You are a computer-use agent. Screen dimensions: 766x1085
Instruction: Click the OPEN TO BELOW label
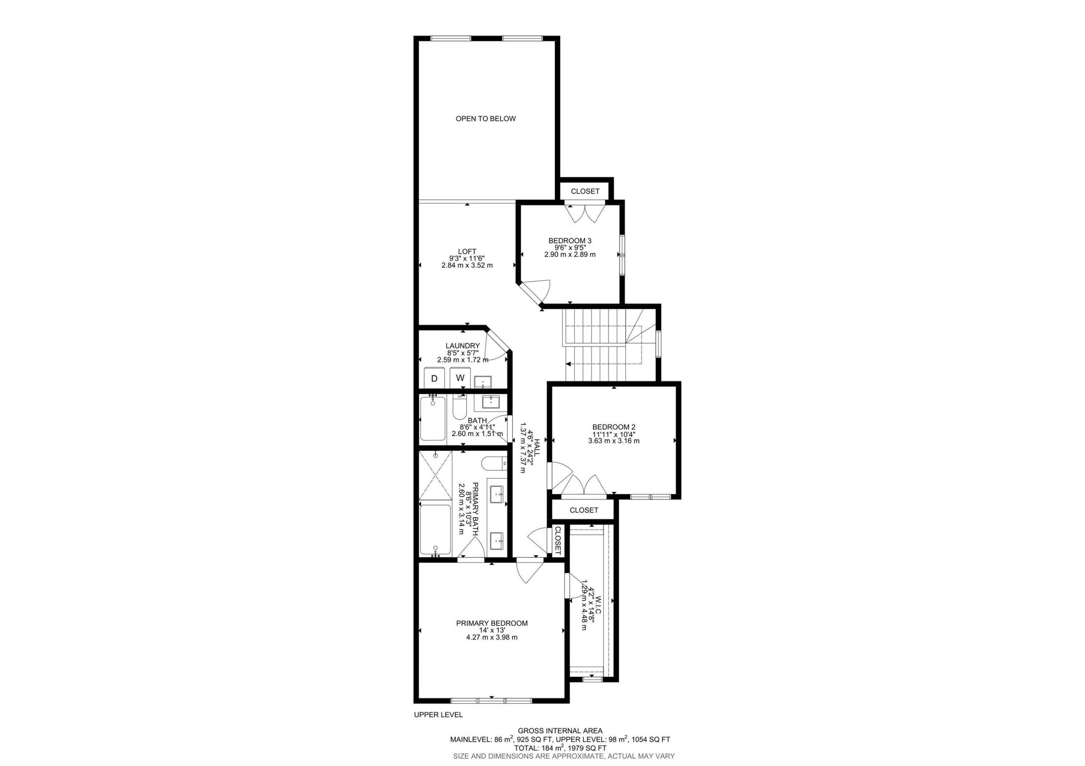click(485, 119)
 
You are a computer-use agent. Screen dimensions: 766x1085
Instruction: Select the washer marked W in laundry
click(460, 378)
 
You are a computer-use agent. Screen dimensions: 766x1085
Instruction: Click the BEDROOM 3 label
click(569, 241)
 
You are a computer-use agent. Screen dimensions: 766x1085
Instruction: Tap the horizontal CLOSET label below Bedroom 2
click(584, 510)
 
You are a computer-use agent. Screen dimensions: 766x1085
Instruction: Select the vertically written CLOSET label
click(558, 540)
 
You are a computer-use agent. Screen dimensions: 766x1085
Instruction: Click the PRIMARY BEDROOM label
click(492, 623)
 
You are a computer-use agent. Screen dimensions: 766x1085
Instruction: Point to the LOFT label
click(467, 252)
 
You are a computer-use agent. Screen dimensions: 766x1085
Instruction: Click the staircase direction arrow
click(568, 364)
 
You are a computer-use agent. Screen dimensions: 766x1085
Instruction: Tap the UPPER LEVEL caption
click(438, 715)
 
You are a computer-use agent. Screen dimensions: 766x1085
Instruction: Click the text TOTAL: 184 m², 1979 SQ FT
click(560, 748)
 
